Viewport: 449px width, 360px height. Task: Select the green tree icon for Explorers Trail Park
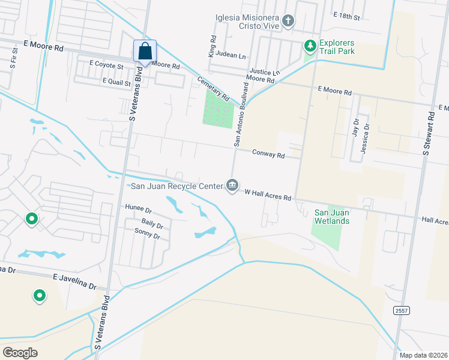coord(310,46)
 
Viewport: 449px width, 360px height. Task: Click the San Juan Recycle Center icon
coord(232,186)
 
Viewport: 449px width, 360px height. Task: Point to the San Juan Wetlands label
coord(333,217)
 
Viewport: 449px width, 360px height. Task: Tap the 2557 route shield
coord(402,310)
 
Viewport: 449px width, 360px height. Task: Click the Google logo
coord(20,352)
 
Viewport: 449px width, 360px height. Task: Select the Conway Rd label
coord(268,154)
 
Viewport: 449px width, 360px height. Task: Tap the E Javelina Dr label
coord(74,282)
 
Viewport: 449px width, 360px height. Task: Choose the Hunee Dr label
coord(139,210)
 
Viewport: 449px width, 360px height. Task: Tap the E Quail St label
coord(116,82)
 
